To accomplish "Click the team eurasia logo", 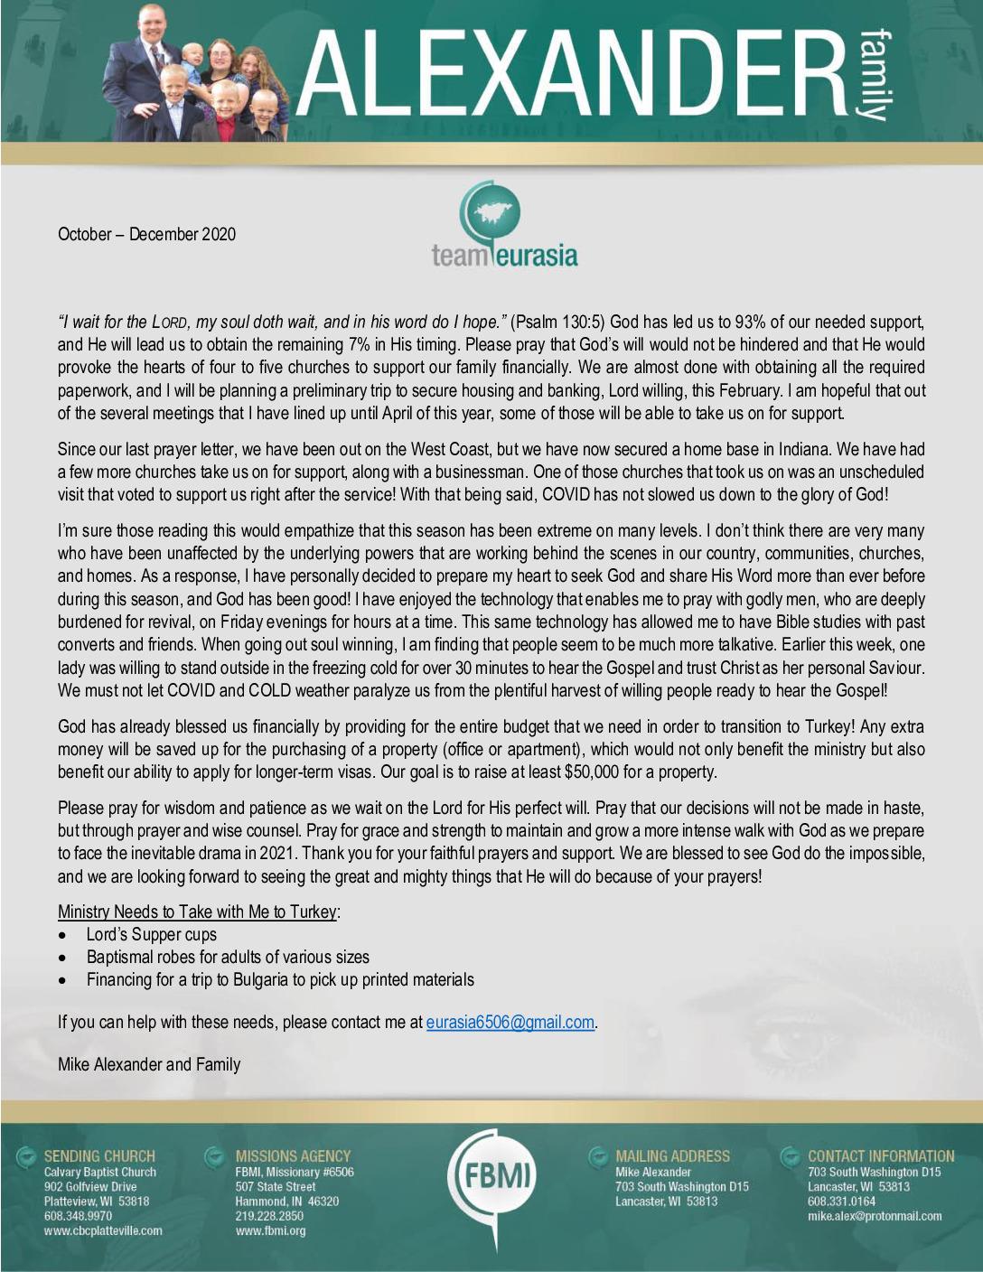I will (x=503, y=226).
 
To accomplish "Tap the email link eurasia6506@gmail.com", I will (x=510, y=1023).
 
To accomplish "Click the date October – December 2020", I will (x=146, y=235).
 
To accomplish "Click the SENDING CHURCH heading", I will (x=99, y=1156).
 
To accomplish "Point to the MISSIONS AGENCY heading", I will (x=293, y=1156).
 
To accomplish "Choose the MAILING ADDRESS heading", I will (x=672, y=1156).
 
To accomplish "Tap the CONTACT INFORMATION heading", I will (x=880, y=1156).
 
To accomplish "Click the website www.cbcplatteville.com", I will (x=103, y=1230).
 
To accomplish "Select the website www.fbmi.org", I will (x=270, y=1230).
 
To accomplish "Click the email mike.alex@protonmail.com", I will (x=874, y=1216).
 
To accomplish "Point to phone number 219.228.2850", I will (x=269, y=1216).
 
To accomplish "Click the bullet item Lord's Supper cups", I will (x=151, y=935).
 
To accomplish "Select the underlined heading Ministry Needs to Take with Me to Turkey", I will (x=198, y=912).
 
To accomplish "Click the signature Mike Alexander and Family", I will (x=149, y=1064).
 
